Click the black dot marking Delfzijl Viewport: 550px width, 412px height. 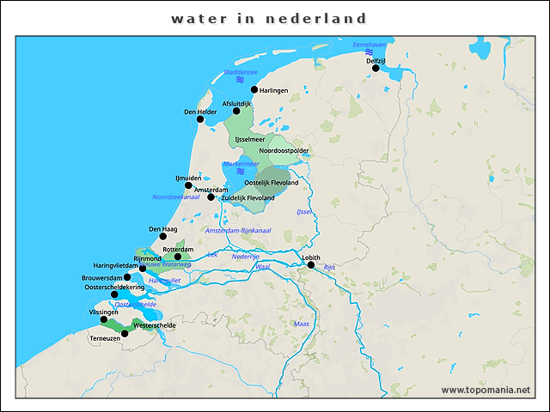376,68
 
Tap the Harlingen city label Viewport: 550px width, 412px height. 273,90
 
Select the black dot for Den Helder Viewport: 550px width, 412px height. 200,119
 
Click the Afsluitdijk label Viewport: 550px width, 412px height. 236,103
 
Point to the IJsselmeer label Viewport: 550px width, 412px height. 250,138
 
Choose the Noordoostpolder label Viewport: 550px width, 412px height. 284,151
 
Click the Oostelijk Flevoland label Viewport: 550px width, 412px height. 272,183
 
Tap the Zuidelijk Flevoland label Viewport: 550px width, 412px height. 247,198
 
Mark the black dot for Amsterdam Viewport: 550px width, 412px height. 211,197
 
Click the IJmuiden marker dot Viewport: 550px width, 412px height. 188,185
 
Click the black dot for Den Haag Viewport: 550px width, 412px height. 162,236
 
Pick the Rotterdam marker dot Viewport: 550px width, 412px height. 178,257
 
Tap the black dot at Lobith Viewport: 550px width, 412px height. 311,264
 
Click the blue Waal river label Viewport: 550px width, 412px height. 263,267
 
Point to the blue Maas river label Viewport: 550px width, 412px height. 301,324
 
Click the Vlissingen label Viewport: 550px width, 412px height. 103,312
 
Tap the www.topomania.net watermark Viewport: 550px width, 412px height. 486,390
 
